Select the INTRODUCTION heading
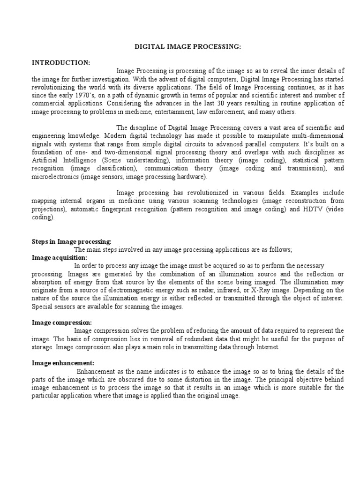[61, 62]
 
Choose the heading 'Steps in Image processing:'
[72, 242]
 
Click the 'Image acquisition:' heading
[60, 258]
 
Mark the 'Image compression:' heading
[62, 322]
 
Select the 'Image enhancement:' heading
[63, 363]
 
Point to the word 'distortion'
[210, 379]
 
